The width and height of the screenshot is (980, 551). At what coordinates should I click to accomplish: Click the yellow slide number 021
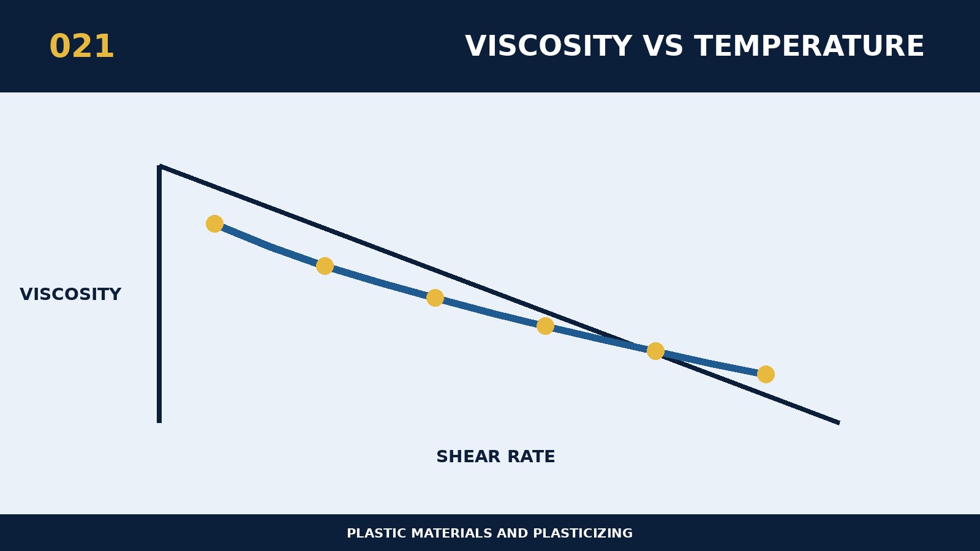coord(82,47)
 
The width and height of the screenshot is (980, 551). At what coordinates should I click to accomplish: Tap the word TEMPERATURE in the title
coord(809,47)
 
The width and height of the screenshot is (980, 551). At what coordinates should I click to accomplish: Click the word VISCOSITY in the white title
coord(548,47)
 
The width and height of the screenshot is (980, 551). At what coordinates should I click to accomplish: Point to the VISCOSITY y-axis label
coord(70,294)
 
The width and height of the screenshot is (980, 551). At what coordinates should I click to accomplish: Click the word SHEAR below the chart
coord(468,457)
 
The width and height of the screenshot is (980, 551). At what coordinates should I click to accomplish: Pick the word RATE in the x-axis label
coord(531,457)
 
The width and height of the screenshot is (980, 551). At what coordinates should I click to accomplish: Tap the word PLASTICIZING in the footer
coord(582,533)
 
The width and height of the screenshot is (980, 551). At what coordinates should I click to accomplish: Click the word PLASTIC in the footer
coord(377,533)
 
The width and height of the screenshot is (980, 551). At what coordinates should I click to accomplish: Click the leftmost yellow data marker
coord(214,224)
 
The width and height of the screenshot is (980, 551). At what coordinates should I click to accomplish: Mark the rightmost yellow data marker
coord(766,374)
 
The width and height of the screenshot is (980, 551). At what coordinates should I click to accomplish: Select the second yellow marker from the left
coord(325,266)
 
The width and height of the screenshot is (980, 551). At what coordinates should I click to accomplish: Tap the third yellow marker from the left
coord(435,298)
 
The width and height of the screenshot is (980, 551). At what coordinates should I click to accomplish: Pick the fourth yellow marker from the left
coord(545,326)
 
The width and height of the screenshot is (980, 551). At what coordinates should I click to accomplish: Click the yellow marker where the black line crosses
coord(655,351)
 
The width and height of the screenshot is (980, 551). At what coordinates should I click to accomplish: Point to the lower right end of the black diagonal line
coord(839,423)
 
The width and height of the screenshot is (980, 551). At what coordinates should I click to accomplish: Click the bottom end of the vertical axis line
coord(159,422)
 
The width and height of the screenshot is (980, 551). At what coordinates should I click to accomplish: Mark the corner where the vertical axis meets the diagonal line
coord(160,167)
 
